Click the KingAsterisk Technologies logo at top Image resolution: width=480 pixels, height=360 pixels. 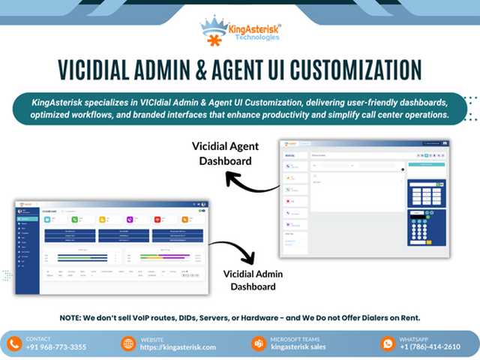point(240,28)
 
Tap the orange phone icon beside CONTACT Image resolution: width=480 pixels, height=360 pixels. point(14,343)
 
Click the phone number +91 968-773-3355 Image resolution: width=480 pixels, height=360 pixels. point(56,347)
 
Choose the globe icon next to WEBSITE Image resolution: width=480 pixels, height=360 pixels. point(127,343)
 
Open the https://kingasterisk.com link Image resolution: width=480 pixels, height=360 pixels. point(178,347)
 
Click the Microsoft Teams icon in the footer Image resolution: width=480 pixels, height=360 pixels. point(258,343)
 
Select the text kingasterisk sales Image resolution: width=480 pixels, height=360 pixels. point(298,347)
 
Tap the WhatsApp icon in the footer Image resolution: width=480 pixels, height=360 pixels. point(388,343)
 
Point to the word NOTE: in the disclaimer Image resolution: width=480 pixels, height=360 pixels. point(73,317)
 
